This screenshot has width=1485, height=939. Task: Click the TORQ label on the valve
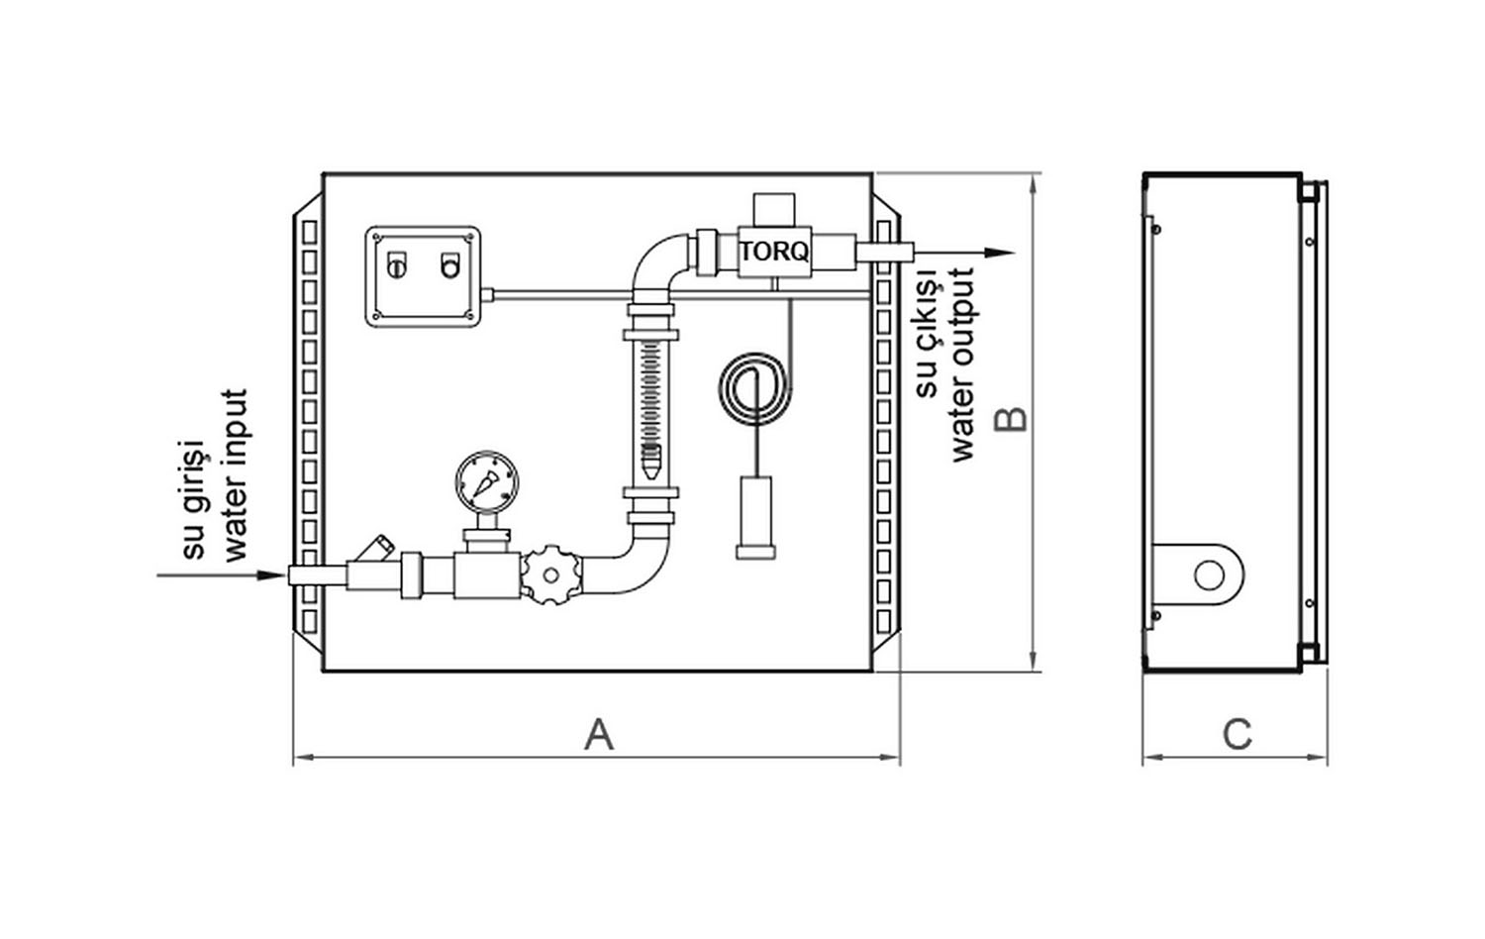(x=774, y=252)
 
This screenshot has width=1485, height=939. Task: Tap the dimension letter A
(x=599, y=735)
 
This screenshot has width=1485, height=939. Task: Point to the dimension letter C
(x=1237, y=735)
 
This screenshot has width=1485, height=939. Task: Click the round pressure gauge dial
(x=486, y=482)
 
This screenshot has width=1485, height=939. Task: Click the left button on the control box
(x=395, y=265)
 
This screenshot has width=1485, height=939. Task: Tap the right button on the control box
(x=450, y=265)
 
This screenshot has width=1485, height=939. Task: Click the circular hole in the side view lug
(x=1209, y=574)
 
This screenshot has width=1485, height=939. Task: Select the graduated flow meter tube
(x=650, y=411)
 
